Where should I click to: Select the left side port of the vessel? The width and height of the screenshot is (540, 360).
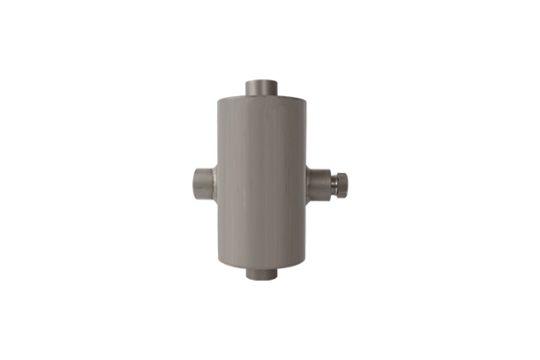coord(202,184)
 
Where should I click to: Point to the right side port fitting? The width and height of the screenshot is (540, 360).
coord(318,184)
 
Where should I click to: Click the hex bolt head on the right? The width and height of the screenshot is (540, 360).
coord(341,184)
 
